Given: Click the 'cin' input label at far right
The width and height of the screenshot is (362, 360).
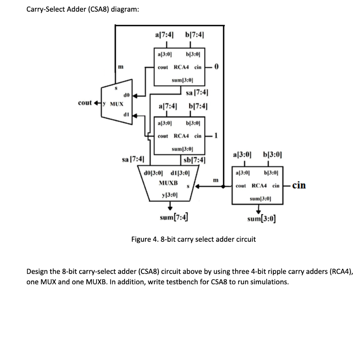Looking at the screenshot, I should pos(299,185).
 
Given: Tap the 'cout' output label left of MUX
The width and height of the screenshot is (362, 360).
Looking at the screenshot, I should pos(85,103).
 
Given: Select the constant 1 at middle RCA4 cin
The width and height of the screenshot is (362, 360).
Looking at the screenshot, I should pos(216,135).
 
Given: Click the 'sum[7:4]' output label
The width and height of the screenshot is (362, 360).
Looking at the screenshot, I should pos(174,217).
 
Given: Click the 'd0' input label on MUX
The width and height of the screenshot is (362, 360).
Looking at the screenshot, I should pos(125,95).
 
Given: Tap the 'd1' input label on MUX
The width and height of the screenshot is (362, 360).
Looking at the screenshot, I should pos(125,114).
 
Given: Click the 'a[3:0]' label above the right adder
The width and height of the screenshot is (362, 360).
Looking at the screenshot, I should pos(243,154).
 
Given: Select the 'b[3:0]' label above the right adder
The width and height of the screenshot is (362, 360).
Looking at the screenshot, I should pos(273,154).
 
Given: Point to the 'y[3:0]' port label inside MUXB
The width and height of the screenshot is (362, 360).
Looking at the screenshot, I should pos(169,195).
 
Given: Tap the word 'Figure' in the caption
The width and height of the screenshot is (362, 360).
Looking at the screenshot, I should pos(141,239).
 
